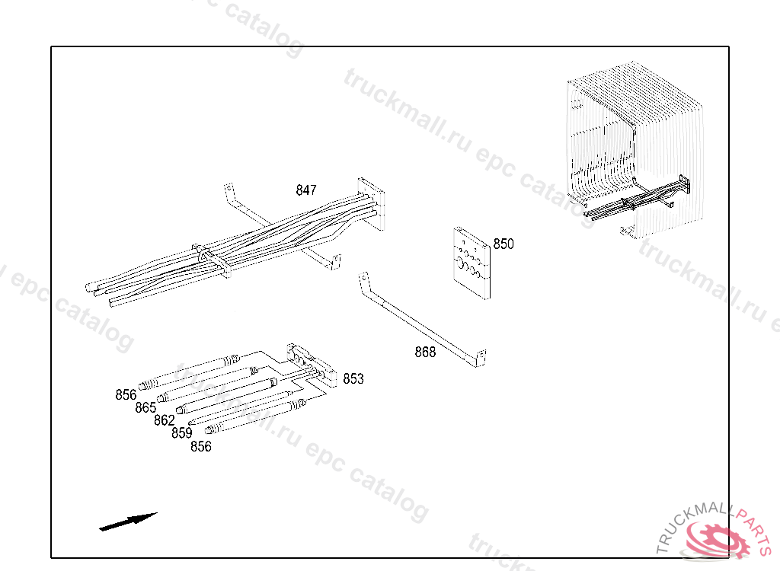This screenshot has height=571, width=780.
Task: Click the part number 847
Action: (306, 190)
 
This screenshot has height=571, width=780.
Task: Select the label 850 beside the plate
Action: (503, 244)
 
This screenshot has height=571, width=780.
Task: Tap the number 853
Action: (353, 379)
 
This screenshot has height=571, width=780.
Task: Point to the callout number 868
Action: (425, 352)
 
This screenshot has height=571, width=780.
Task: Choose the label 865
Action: (145, 408)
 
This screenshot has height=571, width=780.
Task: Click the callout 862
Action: (165, 420)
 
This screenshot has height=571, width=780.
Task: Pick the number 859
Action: (182, 433)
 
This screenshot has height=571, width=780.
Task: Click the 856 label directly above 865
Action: (126, 394)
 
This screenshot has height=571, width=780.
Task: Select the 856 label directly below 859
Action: (200, 447)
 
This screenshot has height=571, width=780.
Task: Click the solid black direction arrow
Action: (128, 522)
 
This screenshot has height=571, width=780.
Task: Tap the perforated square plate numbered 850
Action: (472, 261)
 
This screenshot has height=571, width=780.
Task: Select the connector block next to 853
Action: (310, 363)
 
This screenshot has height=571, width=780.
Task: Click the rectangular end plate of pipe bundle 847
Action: (372, 203)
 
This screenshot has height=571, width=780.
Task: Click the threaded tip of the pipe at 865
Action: (162, 397)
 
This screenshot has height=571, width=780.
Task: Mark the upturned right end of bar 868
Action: (481, 358)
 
